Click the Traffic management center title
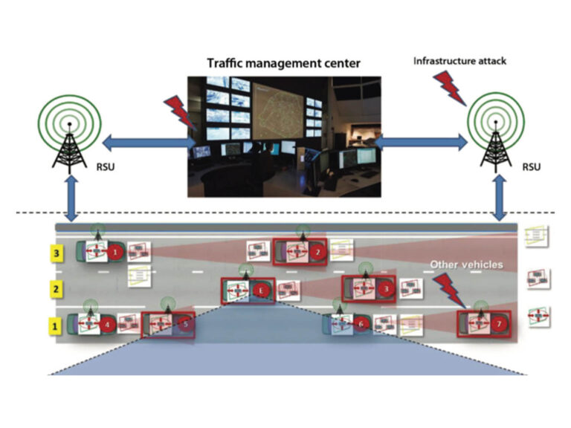[x=284, y=63]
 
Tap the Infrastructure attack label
[x=459, y=61]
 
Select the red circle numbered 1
[x=116, y=252]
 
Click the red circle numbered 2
[x=318, y=252]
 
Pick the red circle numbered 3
[x=386, y=289]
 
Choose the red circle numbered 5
[x=186, y=324]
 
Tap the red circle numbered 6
[x=361, y=324]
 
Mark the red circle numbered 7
[x=499, y=324]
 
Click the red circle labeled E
[x=261, y=291]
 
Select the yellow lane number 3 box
[x=57, y=253]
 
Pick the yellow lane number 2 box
[x=56, y=289]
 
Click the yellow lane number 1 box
[x=55, y=325]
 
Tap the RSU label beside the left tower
[x=106, y=167]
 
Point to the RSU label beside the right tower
[x=532, y=167]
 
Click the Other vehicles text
[x=466, y=265]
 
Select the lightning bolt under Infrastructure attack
[x=450, y=88]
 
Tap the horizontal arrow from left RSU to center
[x=149, y=143]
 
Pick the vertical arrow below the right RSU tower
[x=500, y=198]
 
